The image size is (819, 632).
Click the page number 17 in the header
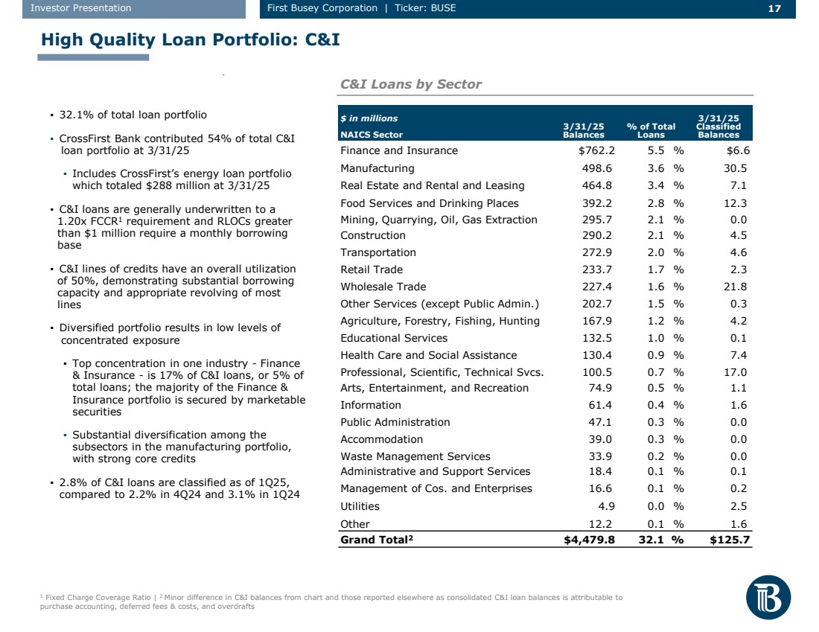click(x=774, y=8)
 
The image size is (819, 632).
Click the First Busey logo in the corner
click(x=768, y=597)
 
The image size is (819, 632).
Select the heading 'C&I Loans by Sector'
click(x=410, y=84)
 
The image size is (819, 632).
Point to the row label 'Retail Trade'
click(x=371, y=269)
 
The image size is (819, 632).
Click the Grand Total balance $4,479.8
click(x=590, y=540)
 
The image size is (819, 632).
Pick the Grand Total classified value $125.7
click(x=730, y=540)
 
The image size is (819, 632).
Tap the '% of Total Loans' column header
click(x=651, y=130)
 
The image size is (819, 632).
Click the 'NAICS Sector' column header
click(x=371, y=135)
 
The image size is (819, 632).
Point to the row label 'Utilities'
click(x=360, y=506)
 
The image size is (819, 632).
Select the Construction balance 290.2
click(x=599, y=235)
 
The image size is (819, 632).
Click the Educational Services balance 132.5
click(x=599, y=338)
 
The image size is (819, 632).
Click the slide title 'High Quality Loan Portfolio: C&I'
click(x=191, y=39)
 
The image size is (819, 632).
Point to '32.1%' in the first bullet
click(x=74, y=115)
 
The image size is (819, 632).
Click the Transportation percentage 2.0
click(x=657, y=252)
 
